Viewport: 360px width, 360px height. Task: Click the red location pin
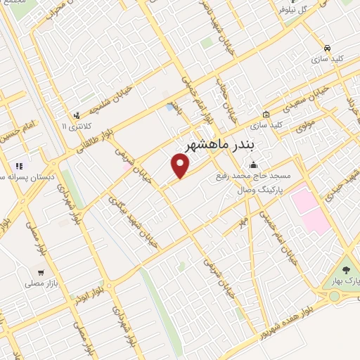181,166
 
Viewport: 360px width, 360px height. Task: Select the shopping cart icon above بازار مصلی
41,271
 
